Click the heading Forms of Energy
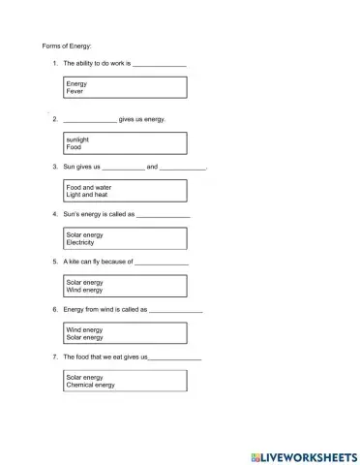[x=67, y=46]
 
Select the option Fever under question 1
[x=75, y=92]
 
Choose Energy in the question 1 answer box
[x=76, y=84]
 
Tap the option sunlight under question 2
[x=77, y=139]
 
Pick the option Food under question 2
[x=74, y=147]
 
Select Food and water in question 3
[x=88, y=187]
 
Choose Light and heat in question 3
[x=86, y=195]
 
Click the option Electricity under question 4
[x=82, y=242]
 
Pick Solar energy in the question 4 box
[x=84, y=234]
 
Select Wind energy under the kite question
[x=84, y=290]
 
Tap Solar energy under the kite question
[x=84, y=282]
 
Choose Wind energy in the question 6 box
[x=84, y=329]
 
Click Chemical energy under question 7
[x=90, y=385]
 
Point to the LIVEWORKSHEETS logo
[x=304, y=455]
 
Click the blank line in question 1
[x=159, y=65]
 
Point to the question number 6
[x=55, y=309]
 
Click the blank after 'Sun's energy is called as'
[x=164, y=215]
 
